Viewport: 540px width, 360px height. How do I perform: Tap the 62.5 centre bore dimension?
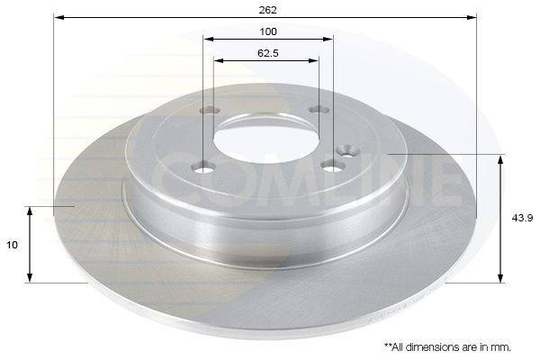point(267,53)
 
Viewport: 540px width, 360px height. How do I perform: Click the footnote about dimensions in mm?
point(447,346)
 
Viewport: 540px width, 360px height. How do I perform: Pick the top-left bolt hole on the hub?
point(206,111)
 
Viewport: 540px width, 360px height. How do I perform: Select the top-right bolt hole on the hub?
point(316,110)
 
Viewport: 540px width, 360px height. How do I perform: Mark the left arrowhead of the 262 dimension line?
point(58,17)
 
